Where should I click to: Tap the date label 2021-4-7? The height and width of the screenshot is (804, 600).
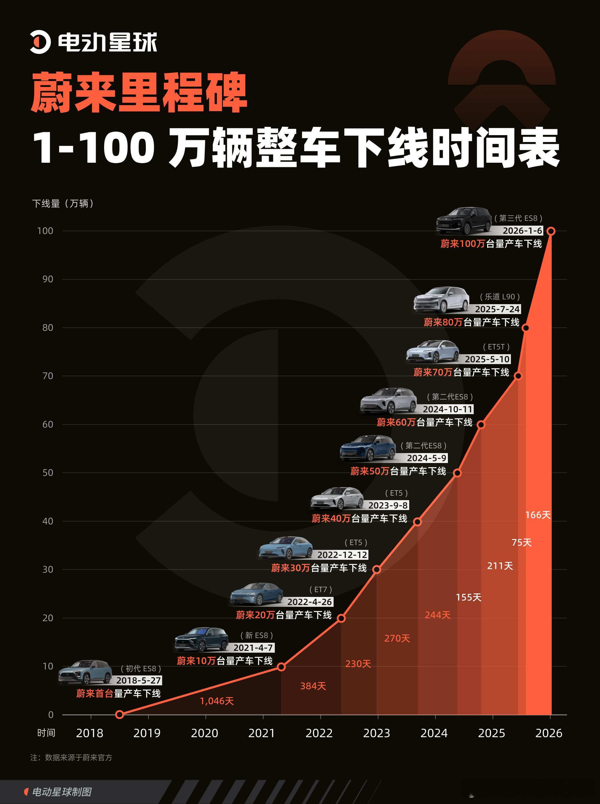253,648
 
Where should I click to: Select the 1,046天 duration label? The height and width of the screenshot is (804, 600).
217,701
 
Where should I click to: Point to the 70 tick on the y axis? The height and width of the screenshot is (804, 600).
48,376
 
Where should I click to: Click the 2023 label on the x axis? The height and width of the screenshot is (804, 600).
376,733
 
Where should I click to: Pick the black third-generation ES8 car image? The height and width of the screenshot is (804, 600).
463,221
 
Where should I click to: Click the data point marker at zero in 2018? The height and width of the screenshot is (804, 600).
119,714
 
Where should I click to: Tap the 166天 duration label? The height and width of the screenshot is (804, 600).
538,515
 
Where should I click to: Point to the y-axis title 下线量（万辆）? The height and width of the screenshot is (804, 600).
63,203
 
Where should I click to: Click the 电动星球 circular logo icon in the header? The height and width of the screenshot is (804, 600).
40,42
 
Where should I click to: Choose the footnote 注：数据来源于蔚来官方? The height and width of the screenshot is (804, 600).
71,758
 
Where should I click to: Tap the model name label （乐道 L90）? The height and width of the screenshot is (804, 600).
500,297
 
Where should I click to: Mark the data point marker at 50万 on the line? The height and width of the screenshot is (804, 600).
457,473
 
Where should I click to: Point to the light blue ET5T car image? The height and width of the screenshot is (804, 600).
433,351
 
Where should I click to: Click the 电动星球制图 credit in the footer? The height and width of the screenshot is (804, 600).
62,792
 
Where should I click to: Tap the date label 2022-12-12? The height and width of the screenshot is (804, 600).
342,555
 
